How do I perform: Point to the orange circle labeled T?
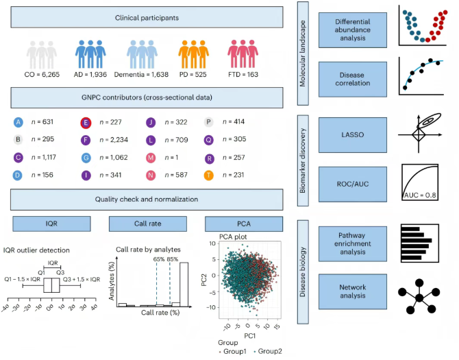coord(209,175)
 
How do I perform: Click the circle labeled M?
coord(150,158)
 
